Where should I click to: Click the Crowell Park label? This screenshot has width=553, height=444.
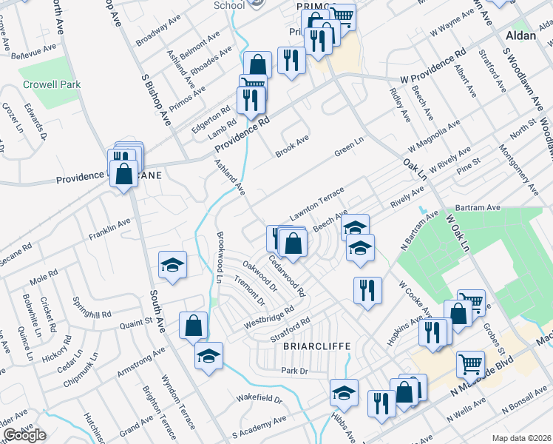pyautogui.click(x=51, y=84)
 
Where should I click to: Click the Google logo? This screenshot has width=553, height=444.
pyautogui.click(x=24, y=435)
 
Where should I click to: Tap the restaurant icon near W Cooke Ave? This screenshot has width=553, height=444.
pyautogui.click(x=367, y=291)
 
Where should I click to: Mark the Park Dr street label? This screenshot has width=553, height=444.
pyautogui.click(x=293, y=370)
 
